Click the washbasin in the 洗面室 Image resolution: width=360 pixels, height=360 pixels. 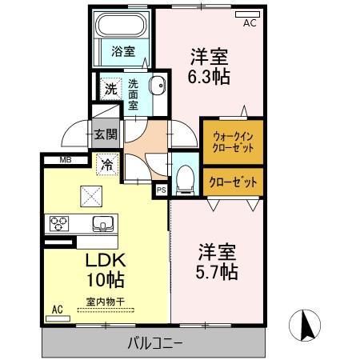[158, 86]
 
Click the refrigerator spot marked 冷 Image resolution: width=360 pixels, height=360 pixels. [106, 166]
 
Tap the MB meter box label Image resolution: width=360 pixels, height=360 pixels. [64, 160]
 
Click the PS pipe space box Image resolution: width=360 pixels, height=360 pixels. [161, 190]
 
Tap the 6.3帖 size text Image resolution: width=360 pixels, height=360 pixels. [210, 78]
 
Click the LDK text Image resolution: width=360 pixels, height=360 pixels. [105, 262]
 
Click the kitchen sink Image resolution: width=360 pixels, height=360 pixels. [102, 222]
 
